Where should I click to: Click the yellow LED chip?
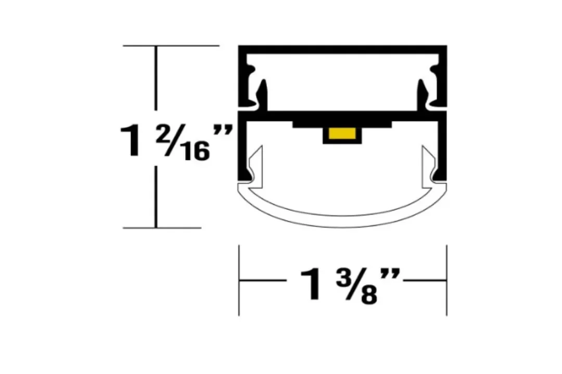pos(342,133)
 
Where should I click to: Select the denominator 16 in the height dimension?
pos(196,151)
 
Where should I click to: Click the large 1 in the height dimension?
pos(131,141)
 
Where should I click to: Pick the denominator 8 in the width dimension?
pos(369,295)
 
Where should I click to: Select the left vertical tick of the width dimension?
pos(239,280)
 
